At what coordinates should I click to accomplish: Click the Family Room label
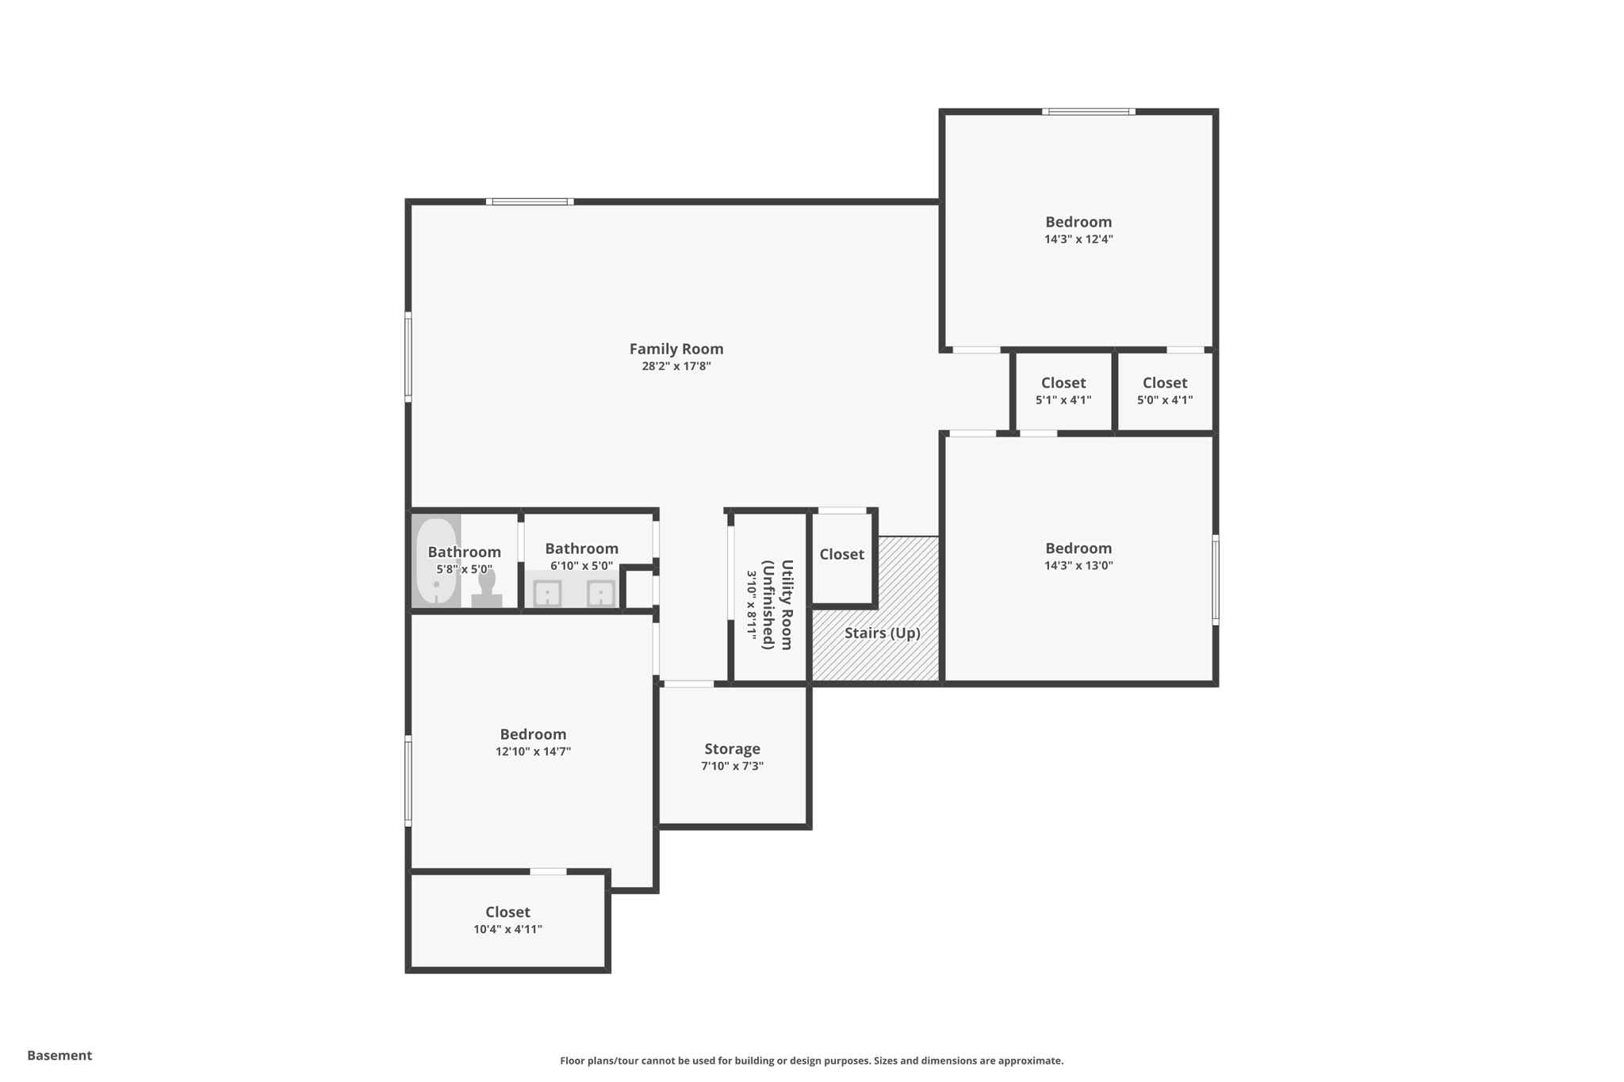pyautogui.click(x=676, y=349)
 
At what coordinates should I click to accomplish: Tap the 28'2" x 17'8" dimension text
pyautogui.click(x=676, y=366)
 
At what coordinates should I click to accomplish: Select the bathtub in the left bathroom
pyautogui.click(x=436, y=561)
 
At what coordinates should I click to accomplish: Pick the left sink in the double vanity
pyautogui.click(x=547, y=593)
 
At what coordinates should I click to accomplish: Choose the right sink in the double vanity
pyautogui.click(x=601, y=593)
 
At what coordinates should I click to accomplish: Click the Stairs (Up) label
pyautogui.click(x=882, y=633)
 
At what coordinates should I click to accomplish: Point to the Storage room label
pyautogui.click(x=732, y=749)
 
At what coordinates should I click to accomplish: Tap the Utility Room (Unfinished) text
pyautogui.click(x=777, y=605)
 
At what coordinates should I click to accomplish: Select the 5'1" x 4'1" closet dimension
pyautogui.click(x=1063, y=400)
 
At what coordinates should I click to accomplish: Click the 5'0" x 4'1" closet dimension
pyautogui.click(x=1164, y=400)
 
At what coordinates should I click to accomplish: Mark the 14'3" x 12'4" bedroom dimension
pyautogui.click(x=1078, y=239)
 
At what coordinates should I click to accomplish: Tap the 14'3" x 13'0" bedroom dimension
pyautogui.click(x=1078, y=566)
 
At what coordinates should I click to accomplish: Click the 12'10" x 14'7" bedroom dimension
pyautogui.click(x=533, y=751)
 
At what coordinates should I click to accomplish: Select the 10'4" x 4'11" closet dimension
pyautogui.click(x=507, y=929)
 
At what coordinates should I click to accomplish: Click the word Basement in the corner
pyautogui.click(x=59, y=1055)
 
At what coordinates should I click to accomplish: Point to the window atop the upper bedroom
pyautogui.click(x=1088, y=112)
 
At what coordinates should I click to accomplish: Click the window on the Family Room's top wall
pyautogui.click(x=529, y=201)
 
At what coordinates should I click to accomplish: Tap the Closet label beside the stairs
pyautogui.click(x=841, y=554)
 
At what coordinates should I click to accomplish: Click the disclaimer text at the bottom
pyautogui.click(x=811, y=1061)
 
